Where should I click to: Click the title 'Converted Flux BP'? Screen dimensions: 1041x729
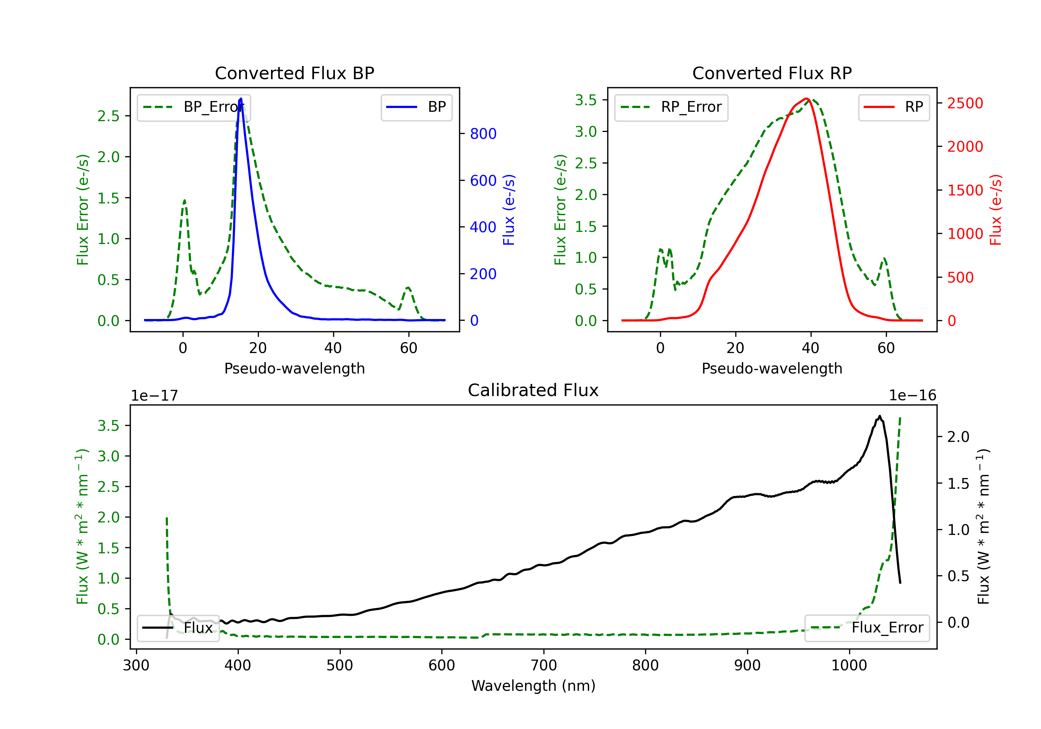pos(295,73)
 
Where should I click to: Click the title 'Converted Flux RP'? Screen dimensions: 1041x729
pos(772,73)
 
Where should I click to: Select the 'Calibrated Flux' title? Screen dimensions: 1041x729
pos(533,390)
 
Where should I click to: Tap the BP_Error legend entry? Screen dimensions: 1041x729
pos(194,107)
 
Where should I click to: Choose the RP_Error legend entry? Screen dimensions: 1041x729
pos(671,107)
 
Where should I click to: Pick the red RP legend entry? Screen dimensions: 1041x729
pos(894,107)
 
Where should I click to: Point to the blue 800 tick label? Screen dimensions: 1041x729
pos(483,134)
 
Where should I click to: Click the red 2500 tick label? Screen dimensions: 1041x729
pos(965,103)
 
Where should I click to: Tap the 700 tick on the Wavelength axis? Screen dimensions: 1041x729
pos(544,665)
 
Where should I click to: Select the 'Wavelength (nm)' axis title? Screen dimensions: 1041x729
pos(534,686)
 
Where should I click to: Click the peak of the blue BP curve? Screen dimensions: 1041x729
pos(241,99)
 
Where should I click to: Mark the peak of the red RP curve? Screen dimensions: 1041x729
pos(806,99)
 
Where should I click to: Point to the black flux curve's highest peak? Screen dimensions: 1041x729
pos(880,416)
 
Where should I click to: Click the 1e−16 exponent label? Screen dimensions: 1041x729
pos(912,396)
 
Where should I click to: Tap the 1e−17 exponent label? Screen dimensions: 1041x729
pos(154,396)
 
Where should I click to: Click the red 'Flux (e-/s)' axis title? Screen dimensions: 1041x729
pos(996,210)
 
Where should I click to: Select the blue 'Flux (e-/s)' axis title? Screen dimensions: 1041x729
pos(509,210)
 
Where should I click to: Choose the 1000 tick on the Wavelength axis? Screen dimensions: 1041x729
pos(849,665)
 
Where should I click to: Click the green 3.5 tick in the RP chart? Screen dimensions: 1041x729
pos(586,100)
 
